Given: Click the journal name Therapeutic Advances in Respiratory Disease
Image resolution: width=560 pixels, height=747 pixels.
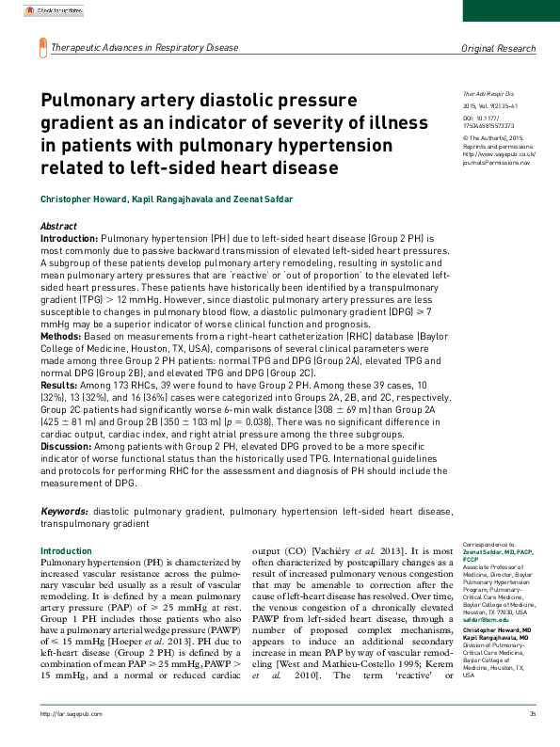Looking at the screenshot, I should (144, 47).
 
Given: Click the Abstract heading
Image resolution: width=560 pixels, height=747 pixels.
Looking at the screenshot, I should (58, 228).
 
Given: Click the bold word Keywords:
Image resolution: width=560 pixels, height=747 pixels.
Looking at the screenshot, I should (64, 511).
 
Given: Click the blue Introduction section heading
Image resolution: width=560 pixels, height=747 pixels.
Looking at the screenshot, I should (66, 550).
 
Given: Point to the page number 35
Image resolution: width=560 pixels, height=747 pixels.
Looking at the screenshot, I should (533, 741).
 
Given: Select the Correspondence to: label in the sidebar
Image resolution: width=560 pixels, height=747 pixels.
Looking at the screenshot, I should (488, 544).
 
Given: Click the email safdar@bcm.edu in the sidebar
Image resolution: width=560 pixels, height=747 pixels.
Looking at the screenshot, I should (486, 620).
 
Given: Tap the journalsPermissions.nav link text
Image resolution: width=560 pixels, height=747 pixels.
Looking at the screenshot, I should (497, 163).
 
